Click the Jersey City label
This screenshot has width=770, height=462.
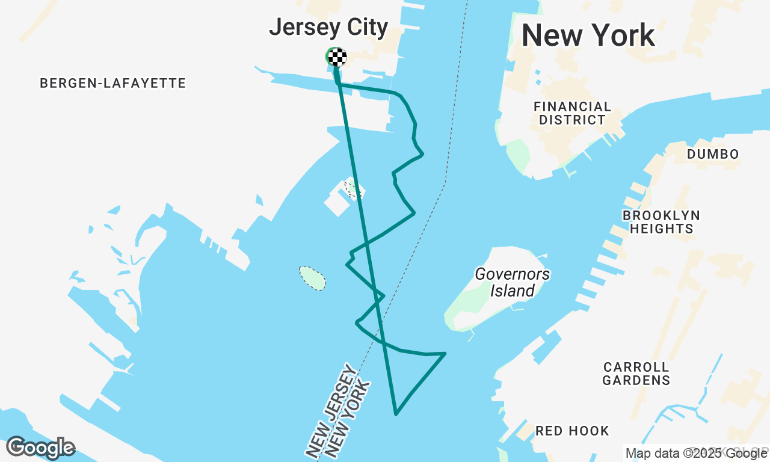[328, 28]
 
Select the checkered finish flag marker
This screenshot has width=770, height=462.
[337, 57]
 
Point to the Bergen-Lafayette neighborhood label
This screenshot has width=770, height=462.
[113, 83]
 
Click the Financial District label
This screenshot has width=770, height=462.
[572, 113]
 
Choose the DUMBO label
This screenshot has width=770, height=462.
[713, 155]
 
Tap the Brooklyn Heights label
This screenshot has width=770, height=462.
[661, 222]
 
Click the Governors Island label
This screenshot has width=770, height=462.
[512, 283]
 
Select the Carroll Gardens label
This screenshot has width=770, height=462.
[636, 374]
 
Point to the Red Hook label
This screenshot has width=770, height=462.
[572, 431]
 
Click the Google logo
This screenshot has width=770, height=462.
[40, 448]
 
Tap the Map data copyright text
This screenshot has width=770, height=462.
[696, 454]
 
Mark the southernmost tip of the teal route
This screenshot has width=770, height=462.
[396, 414]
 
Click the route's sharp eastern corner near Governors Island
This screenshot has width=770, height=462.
[445, 353]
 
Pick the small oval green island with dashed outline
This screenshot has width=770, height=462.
[312, 278]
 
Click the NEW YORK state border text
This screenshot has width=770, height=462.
[347, 421]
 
